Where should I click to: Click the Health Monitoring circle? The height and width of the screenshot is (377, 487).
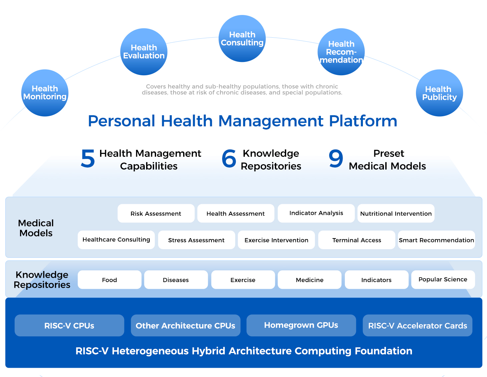pos(45,93)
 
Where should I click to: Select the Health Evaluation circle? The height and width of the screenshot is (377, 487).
pos(144,52)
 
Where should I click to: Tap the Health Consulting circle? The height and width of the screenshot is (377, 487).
pos(242,39)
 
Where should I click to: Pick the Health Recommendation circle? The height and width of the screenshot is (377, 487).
pos(341,52)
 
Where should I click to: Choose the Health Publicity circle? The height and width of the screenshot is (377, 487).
pos(439,93)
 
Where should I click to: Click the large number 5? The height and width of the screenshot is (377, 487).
pos(88,159)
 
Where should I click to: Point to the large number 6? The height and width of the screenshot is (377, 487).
pos(229,159)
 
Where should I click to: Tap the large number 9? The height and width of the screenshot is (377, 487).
pos(336,159)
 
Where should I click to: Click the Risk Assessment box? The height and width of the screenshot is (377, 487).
pos(156,213)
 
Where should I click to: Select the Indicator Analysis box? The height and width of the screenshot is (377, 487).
pos(316,213)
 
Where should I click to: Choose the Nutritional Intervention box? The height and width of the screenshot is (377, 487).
pos(396,213)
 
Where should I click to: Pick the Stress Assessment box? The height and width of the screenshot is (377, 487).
pos(196,240)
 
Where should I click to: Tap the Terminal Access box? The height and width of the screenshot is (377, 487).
pos(357,240)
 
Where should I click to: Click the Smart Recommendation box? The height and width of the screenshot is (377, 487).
pos(436,240)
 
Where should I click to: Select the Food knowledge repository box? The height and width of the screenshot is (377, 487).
pos(109,280)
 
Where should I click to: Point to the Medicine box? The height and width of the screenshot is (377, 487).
pos(310,280)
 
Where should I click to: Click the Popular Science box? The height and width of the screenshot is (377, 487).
pos(443,279)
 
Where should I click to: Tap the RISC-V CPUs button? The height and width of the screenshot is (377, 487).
pos(69,325)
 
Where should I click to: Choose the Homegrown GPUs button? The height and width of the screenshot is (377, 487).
pos(301,325)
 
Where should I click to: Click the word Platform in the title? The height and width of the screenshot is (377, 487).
pos(363,121)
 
